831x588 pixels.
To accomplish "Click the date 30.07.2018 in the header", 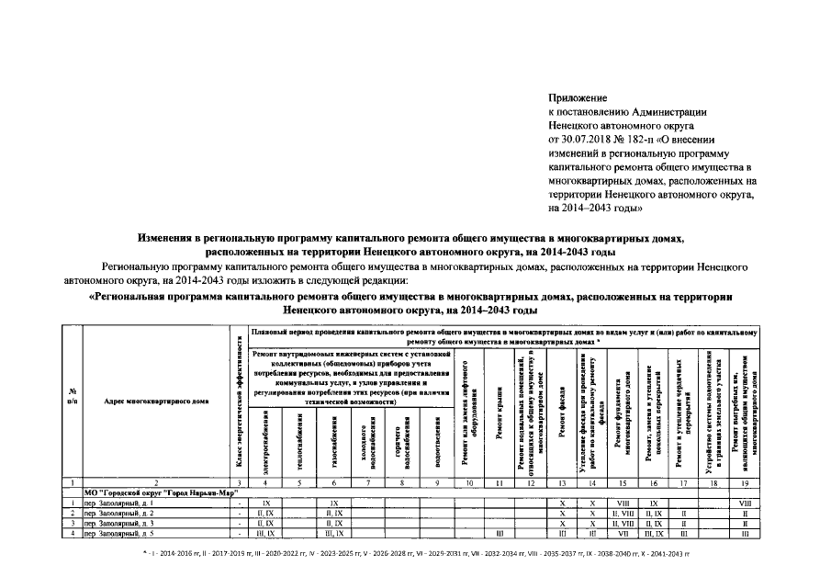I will click(x=597, y=139).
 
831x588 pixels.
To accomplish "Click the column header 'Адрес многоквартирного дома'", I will click(x=156, y=401).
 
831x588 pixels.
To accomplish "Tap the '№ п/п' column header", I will click(x=72, y=396).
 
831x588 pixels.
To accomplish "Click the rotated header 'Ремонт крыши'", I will click(x=498, y=419).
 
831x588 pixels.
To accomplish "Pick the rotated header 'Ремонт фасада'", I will click(x=561, y=418).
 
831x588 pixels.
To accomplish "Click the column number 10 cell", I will click(x=468, y=481).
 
